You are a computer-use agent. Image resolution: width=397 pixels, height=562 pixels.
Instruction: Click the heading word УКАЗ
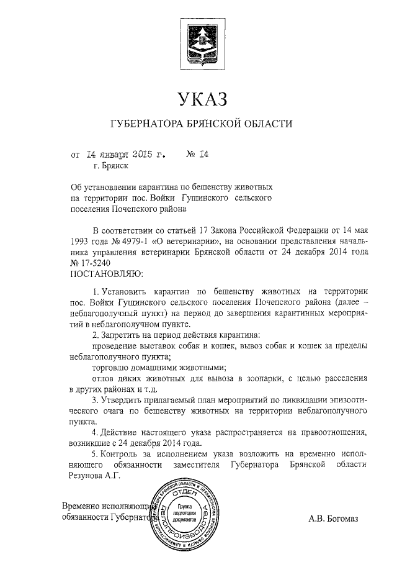click(198, 98)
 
